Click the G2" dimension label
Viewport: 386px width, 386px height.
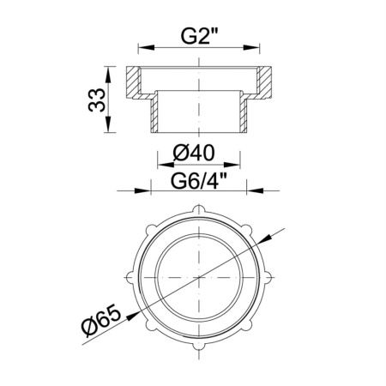198,37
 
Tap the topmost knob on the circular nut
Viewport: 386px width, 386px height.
198,208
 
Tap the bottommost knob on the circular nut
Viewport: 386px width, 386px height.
198,358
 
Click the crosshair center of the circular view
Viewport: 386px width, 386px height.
198,282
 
